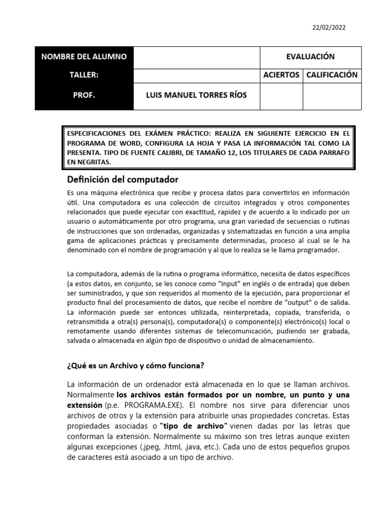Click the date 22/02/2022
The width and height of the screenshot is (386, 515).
[x=329, y=28]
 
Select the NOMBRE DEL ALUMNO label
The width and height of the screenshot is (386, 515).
[x=84, y=57]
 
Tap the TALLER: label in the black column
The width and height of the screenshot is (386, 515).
[x=84, y=75]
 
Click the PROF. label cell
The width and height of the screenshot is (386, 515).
[x=84, y=96]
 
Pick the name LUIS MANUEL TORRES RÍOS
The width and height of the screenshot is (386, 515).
[x=196, y=96]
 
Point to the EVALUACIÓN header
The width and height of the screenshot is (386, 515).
[x=310, y=57]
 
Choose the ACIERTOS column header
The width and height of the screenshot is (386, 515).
[x=281, y=75]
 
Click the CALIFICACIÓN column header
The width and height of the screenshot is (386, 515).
[x=332, y=75]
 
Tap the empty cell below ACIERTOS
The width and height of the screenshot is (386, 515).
[x=281, y=96]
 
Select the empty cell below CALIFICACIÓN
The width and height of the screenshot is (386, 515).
[x=332, y=96]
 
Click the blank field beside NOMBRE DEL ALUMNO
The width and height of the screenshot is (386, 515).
[x=197, y=57]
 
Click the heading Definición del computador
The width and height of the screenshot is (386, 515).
[x=123, y=180]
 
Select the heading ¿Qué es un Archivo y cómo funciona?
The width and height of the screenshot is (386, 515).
[x=136, y=365]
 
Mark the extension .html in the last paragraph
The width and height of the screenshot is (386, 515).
[x=188, y=447]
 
